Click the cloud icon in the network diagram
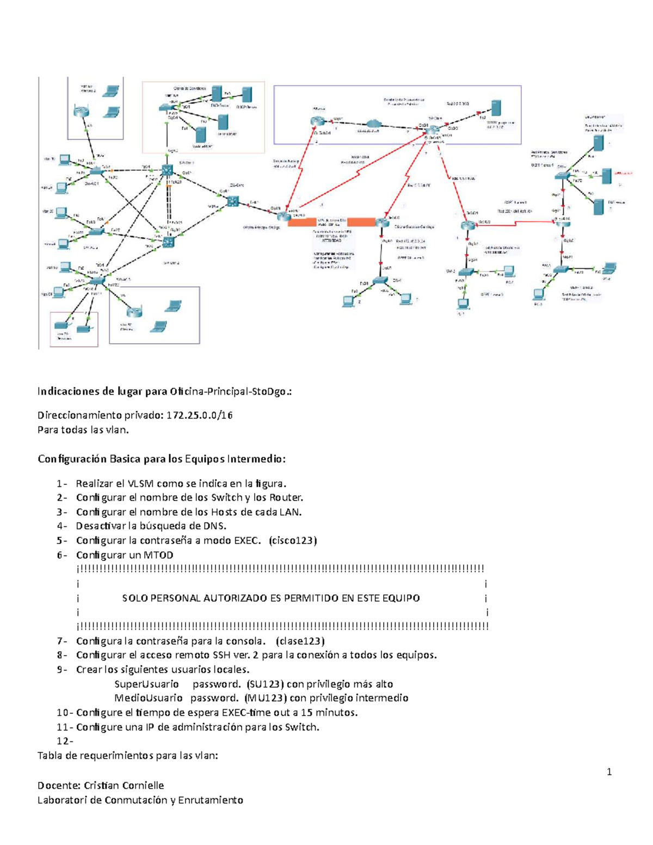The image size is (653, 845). [372, 125]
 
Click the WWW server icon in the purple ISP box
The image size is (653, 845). [495, 108]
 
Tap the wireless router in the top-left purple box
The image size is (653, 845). [81, 112]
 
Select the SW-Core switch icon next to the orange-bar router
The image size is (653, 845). [233, 201]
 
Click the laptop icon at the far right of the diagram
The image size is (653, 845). [609, 268]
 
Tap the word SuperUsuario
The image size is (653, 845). [146, 684]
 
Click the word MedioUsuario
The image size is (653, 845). [148, 698]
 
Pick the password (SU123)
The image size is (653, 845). [265, 684]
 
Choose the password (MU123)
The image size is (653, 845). [265, 698]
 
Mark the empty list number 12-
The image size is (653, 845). [65, 741]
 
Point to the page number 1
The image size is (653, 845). [609, 772]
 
